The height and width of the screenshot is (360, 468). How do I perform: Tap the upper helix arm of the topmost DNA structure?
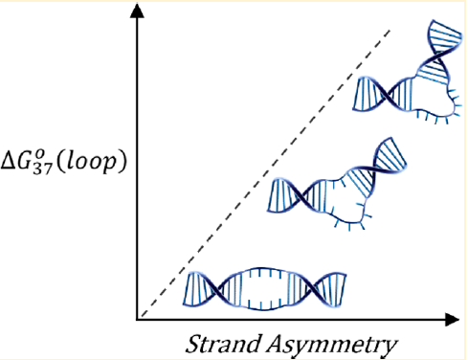pos(439,48)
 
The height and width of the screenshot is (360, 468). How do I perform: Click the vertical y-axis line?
pos(139,172)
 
